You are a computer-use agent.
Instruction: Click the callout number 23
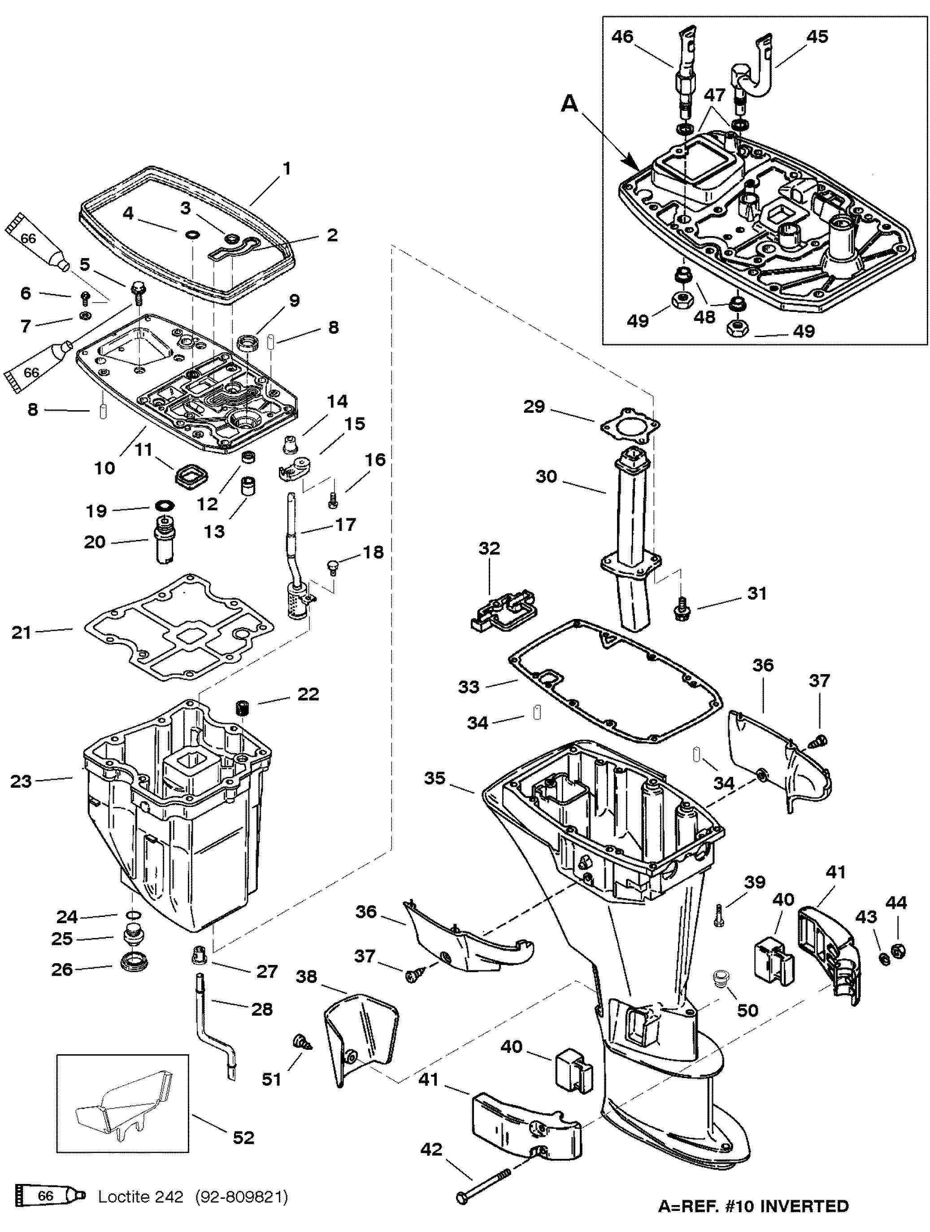21,781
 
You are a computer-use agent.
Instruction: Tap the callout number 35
435,778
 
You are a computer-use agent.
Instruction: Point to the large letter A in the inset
569,103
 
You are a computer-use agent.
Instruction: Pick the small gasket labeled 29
630,427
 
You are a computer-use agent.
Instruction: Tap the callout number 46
622,37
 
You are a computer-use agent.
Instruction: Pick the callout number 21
21,633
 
